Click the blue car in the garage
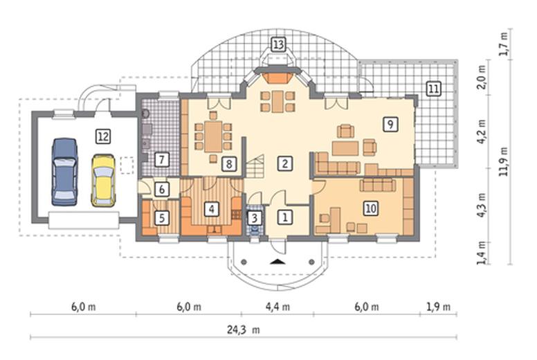pos(64,172)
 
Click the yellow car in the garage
pos(103,180)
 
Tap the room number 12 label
pos(103,136)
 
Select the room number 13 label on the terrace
pos(278,44)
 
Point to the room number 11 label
pos(434,89)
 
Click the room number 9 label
pos(390,124)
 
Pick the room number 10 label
pos(371,208)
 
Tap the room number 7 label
pos(162,159)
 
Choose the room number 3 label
pos(255,217)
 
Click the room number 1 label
pos(285,217)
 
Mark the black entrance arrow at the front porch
pos(277,262)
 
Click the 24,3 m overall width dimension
pos(244,330)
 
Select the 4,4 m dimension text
pos(277,307)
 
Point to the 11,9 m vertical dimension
pos(504,161)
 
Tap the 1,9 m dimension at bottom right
pos(438,307)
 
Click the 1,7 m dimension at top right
pos(504,44)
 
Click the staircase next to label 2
pos(255,166)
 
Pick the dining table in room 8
pos(213,136)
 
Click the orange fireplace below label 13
pos(278,78)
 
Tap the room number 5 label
pos(162,218)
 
